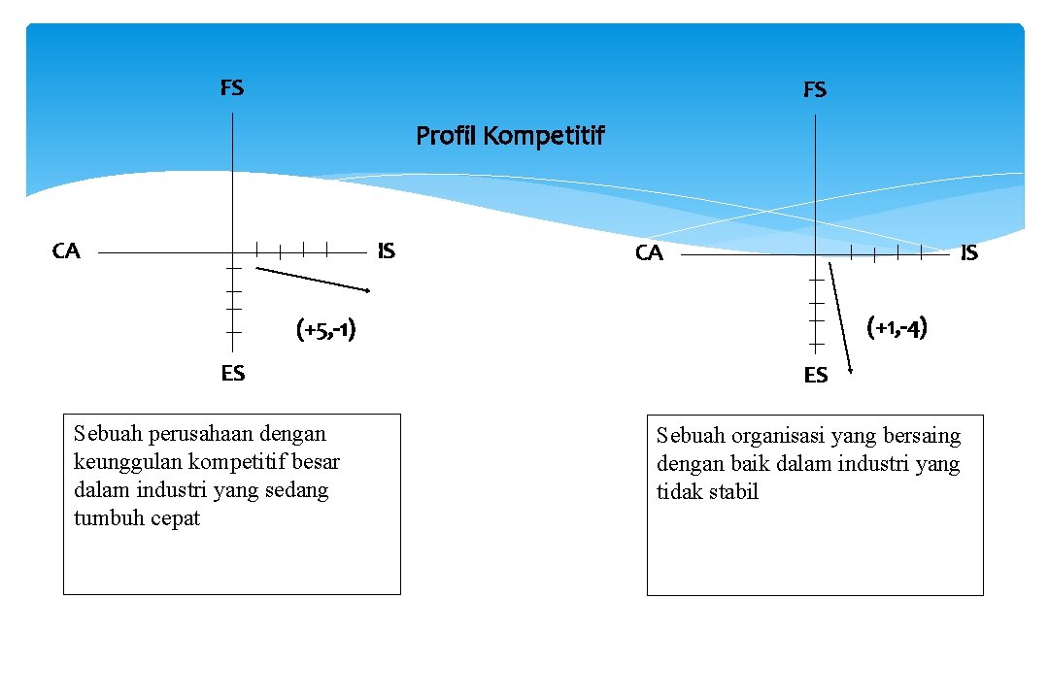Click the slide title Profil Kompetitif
[510, 136]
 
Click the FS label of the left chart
[232, 88]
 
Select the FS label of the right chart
[815, 90]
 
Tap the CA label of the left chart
[66, 251]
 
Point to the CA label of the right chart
[649, 253]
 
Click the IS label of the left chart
[386, 251]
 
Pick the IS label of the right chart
[969, 253]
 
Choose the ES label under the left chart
[233, 373]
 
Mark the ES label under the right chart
[816, 375]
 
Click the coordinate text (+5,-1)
[325, 331]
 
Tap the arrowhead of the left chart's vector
[369, 290]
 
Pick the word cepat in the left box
[176, 517]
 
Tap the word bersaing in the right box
[924, 436]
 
